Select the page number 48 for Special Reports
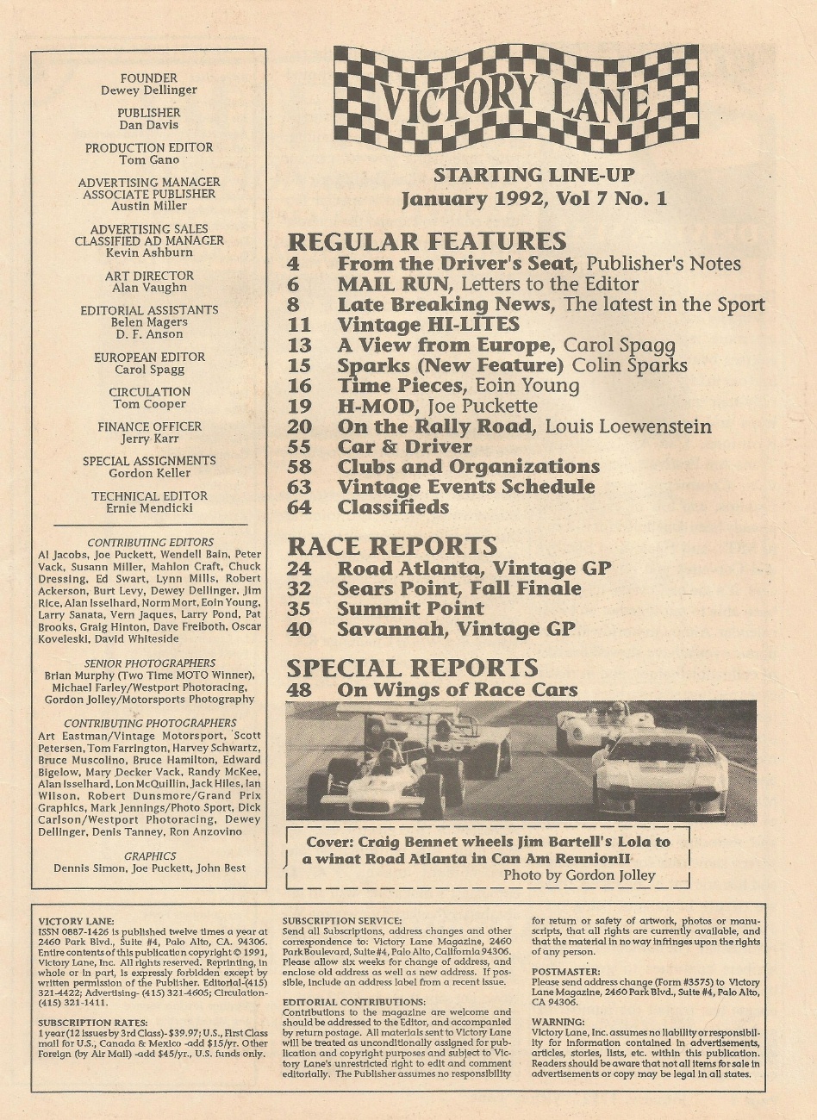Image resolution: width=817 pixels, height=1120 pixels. coord(299,689)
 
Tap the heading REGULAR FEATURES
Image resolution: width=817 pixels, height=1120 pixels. coord(427,240)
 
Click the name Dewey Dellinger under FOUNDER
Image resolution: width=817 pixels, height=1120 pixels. coord(149,90)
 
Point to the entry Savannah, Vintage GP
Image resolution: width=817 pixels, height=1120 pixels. coord(456,629)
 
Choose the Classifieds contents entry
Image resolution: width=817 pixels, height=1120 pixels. coord(393,507)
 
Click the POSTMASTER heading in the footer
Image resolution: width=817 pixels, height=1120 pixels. coord(566,971)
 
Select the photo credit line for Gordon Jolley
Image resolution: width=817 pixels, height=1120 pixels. coord(578,875)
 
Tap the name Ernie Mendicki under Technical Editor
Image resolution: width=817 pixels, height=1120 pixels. coord(149,507)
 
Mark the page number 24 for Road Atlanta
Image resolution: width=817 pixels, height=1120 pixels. coord(299,569)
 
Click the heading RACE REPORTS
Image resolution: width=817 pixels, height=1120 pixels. coord(392,545)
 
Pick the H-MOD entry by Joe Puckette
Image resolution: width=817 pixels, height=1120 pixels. coord(437,406)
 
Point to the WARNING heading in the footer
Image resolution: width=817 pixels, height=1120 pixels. coord(558,1022)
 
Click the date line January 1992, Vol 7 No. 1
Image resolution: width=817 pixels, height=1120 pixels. coord(534,199)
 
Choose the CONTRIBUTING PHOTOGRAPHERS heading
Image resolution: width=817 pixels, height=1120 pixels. coord(149,724)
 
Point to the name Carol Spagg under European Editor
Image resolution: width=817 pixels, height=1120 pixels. coord(149,369)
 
